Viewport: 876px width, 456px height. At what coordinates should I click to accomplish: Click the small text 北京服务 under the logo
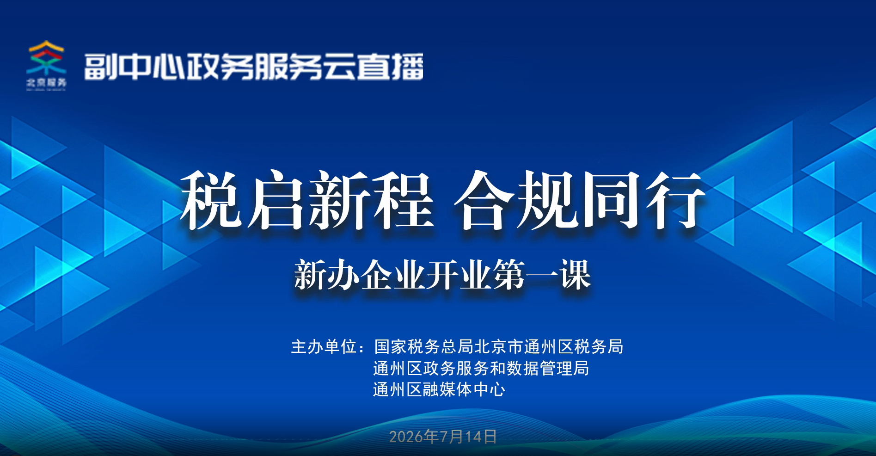(46, 82)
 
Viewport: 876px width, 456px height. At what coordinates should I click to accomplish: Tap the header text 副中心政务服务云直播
(254, 67)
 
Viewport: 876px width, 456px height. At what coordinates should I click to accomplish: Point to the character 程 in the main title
(403, 200)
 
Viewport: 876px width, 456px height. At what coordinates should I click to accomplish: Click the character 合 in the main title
(484, 200)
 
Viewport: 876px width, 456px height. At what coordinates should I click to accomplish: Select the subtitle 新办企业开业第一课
(442, 275)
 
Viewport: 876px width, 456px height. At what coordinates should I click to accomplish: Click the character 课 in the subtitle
(575, 275)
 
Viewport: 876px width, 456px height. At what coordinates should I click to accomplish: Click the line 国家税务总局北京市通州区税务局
(499, 346)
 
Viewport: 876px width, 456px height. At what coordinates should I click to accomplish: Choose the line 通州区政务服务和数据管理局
(481, 368)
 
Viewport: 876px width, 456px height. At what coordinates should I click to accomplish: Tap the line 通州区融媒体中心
(439, 389)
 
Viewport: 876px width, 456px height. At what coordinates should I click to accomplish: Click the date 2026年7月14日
(443, 437)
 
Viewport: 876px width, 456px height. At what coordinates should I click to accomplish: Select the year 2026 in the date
(406, 437)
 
